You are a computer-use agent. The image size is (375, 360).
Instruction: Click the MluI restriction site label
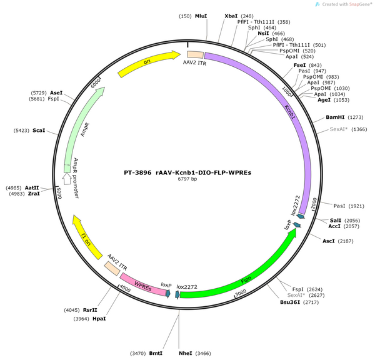[x=201, y=16]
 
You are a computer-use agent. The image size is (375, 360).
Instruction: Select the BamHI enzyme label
[x=335, y=117]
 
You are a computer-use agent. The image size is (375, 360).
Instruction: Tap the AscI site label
[x=329, y=241]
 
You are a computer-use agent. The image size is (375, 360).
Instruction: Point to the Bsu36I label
[x=290, y=302]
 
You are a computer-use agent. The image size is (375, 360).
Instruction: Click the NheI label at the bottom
[x=186, y=353]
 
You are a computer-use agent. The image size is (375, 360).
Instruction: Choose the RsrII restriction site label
[x=90, y=310]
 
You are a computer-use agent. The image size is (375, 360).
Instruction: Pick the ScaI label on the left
[x=39, y=131]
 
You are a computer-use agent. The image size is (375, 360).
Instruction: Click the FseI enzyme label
[x=299, y=65]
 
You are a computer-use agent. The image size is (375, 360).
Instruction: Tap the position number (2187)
[x=346, y=241]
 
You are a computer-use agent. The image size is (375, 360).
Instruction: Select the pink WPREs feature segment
[x=143, y=284]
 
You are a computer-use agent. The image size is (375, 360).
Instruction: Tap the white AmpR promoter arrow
[x=67, y=179]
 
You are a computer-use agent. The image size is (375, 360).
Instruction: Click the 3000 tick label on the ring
[x=241, y=292]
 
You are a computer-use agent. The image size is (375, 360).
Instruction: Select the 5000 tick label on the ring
[x=59, y=192]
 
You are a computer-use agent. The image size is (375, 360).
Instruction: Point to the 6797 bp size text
[x=187, y=179]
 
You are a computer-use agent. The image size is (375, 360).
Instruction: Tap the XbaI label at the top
[x=231, y=16]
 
